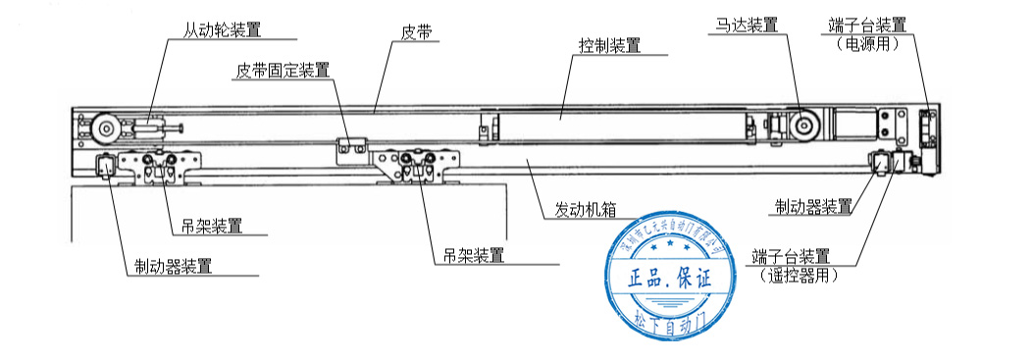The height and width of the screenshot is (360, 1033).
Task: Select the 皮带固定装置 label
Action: click(x=282, y=71)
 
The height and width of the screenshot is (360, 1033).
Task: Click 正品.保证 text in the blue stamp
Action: click(x=668, y=279)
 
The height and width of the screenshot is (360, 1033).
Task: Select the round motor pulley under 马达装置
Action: click(x=806, y=127)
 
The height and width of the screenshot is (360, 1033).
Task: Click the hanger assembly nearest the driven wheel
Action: click(x=163, y=168)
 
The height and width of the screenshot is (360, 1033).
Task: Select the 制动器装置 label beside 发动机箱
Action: click(x=812, y=206)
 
